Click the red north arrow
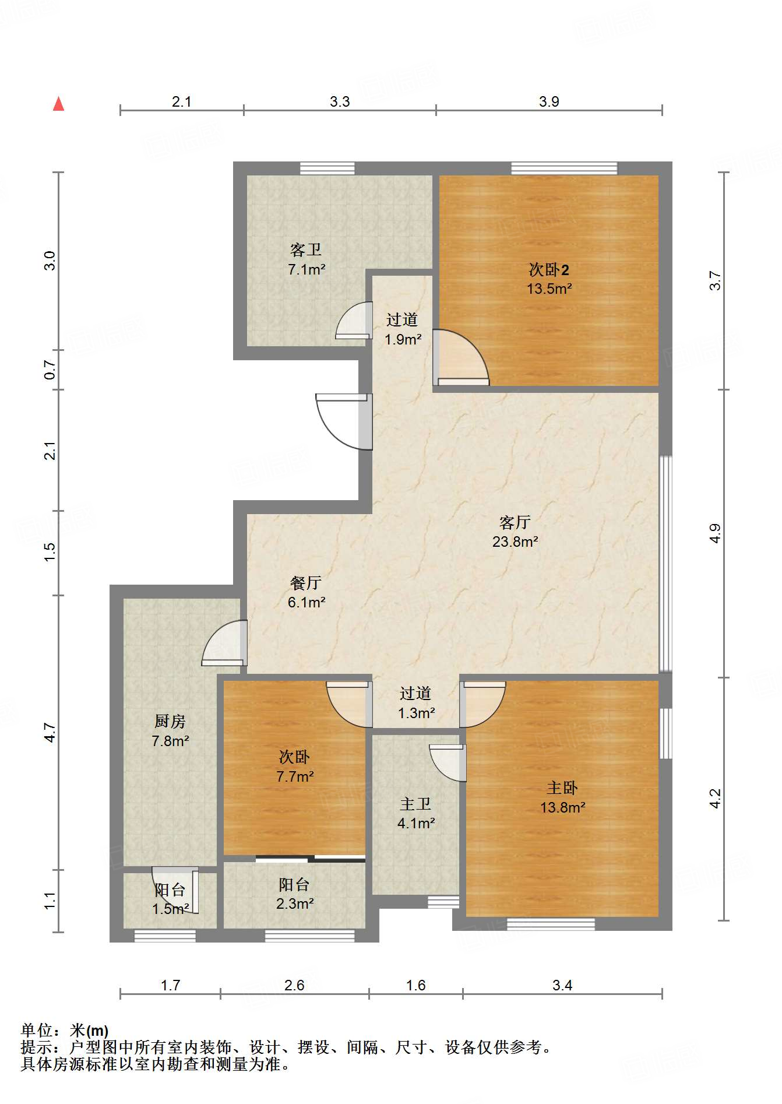pos(58,104)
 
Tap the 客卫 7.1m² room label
pos(307,259)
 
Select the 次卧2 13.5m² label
pos(549,279)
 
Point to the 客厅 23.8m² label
pos(515,532)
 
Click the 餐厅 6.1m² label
pos(307,592)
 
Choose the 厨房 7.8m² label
pos(170,731)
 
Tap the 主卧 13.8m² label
pos(562,797)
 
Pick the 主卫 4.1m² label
pos(416,813)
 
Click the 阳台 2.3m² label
pos(295,894)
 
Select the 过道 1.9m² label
pos(403,329)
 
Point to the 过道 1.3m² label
pos(416,702)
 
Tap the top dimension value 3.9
pos(549,101)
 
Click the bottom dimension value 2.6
pos(294,985)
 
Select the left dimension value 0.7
pos(50,370)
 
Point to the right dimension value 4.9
pos(716,533)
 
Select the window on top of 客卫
pos(327,168)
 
